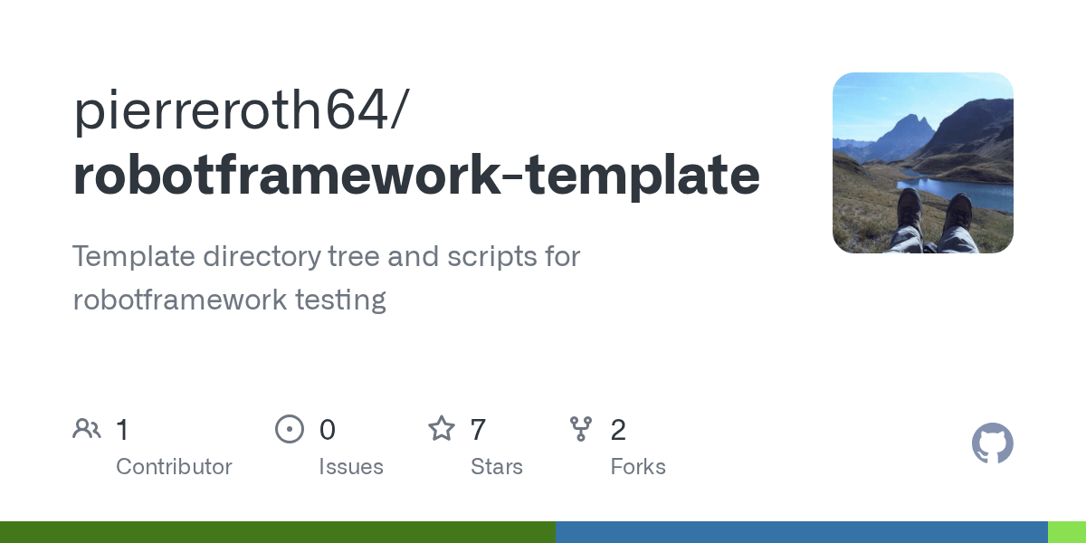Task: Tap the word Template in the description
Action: (134, 256)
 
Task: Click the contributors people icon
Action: (87, 429)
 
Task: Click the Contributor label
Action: (174, 467)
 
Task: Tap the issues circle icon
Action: (289, 429)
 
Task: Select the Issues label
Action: (350, 467)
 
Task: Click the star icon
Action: (441, 429)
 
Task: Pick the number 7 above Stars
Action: (479, 430)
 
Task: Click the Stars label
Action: (496, 467)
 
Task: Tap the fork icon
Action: (580, 429)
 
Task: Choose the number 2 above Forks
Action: (618, 430)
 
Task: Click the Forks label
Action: (637, 467)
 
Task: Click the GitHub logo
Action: (992, 444)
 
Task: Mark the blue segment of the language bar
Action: (801, 532)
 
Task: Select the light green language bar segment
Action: (1066, 532)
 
